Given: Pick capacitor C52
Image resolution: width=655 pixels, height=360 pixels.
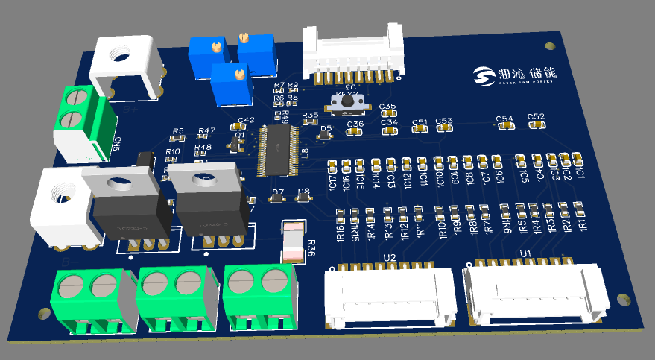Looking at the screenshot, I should [536, 124].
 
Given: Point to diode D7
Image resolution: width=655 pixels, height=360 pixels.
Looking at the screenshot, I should [277, 200].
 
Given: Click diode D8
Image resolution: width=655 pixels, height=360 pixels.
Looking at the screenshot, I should [303, 199].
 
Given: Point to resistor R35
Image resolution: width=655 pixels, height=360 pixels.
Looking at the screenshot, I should [310, 122].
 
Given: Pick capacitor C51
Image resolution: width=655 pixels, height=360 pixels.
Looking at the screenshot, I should [420, 128].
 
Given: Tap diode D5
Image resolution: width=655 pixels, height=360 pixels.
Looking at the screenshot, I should [326, 136].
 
